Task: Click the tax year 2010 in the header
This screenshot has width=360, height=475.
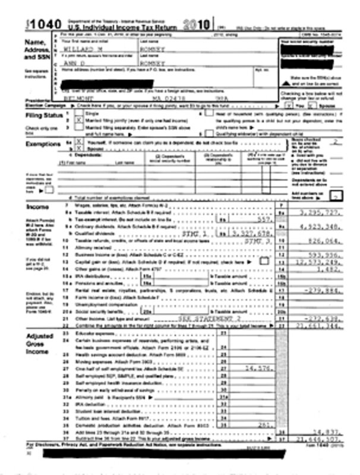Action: point(197,24)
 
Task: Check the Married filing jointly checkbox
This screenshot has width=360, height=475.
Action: point(79,119)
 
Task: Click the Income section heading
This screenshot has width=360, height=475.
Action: point(37,207)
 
